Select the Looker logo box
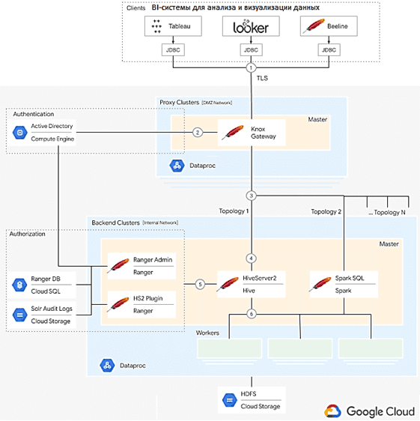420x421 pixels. pos(252,27)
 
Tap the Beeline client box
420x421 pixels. pos(328,27)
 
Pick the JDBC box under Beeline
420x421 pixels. pos(328,51)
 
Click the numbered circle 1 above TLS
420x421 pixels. pos(252,67)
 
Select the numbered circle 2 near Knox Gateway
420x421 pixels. pos(197,133)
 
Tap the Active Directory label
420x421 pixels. pos(52,127)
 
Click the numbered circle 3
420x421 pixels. pos(252,196)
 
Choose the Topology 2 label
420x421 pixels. pos(326,212)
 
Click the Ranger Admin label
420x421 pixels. pos(153,260)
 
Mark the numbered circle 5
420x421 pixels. pos(199,284)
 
